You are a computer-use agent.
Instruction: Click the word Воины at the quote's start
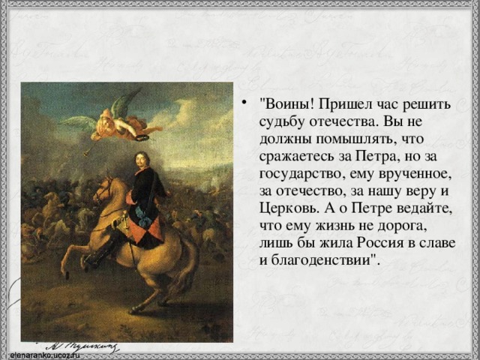[x=284, y=104]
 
